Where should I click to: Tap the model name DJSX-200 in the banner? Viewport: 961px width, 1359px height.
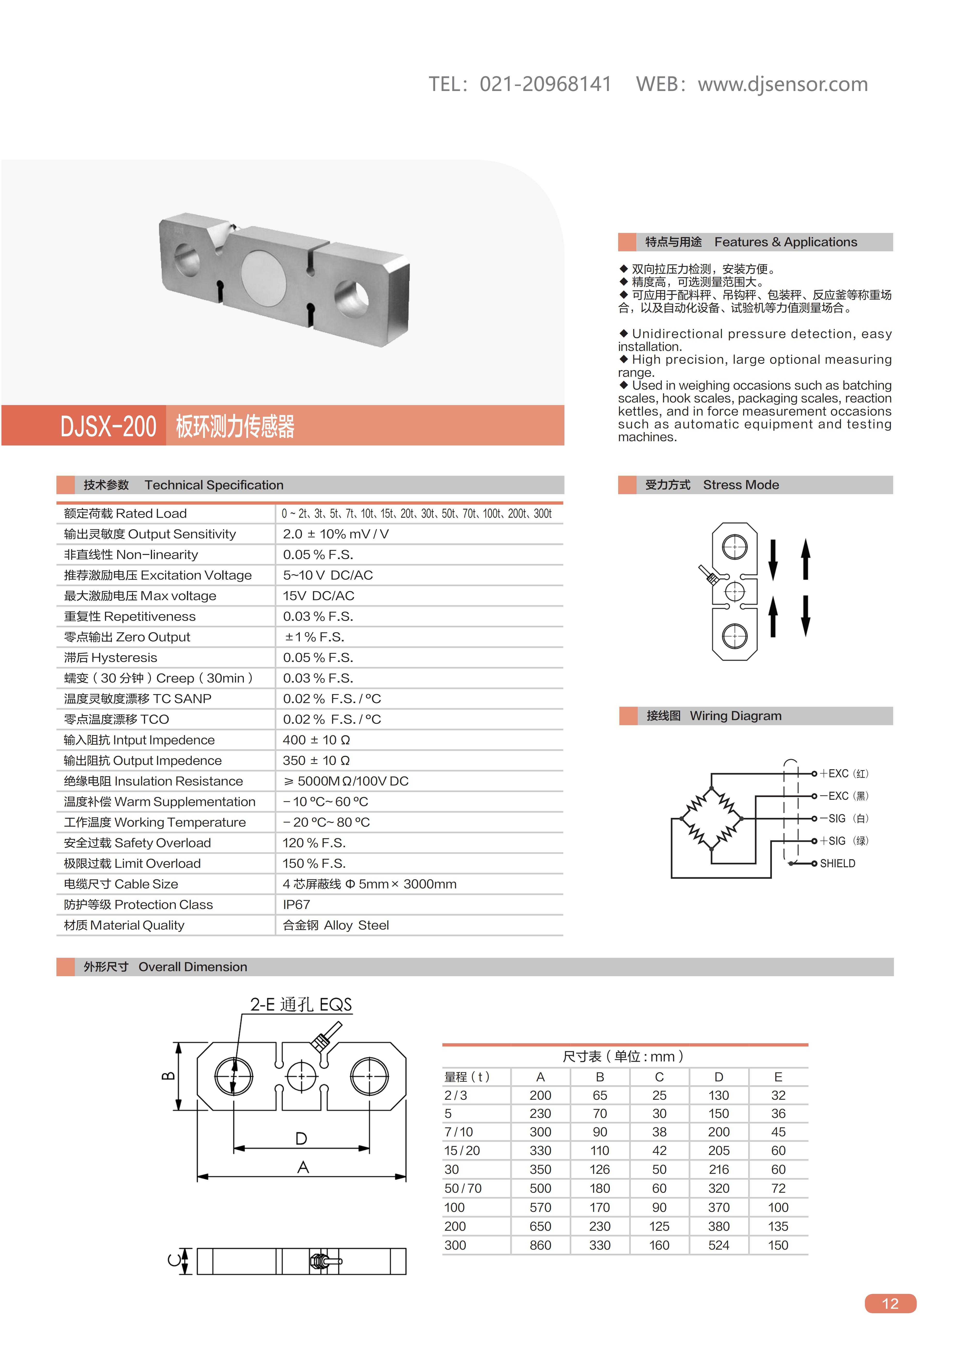(108, 426)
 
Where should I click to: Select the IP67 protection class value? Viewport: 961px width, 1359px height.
(296, 904)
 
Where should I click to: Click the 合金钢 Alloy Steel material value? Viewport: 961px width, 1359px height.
(336, 925)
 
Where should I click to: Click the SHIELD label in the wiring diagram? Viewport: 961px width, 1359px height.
(837, 864)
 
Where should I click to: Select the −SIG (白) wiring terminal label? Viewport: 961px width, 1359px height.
(844, 819)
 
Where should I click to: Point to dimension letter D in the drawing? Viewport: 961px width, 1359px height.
(301, 1138)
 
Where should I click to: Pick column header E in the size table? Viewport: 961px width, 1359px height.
(778, 1077)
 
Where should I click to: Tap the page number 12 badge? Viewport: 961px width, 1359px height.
(890, 1303)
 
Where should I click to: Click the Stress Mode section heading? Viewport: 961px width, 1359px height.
(741, 485)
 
